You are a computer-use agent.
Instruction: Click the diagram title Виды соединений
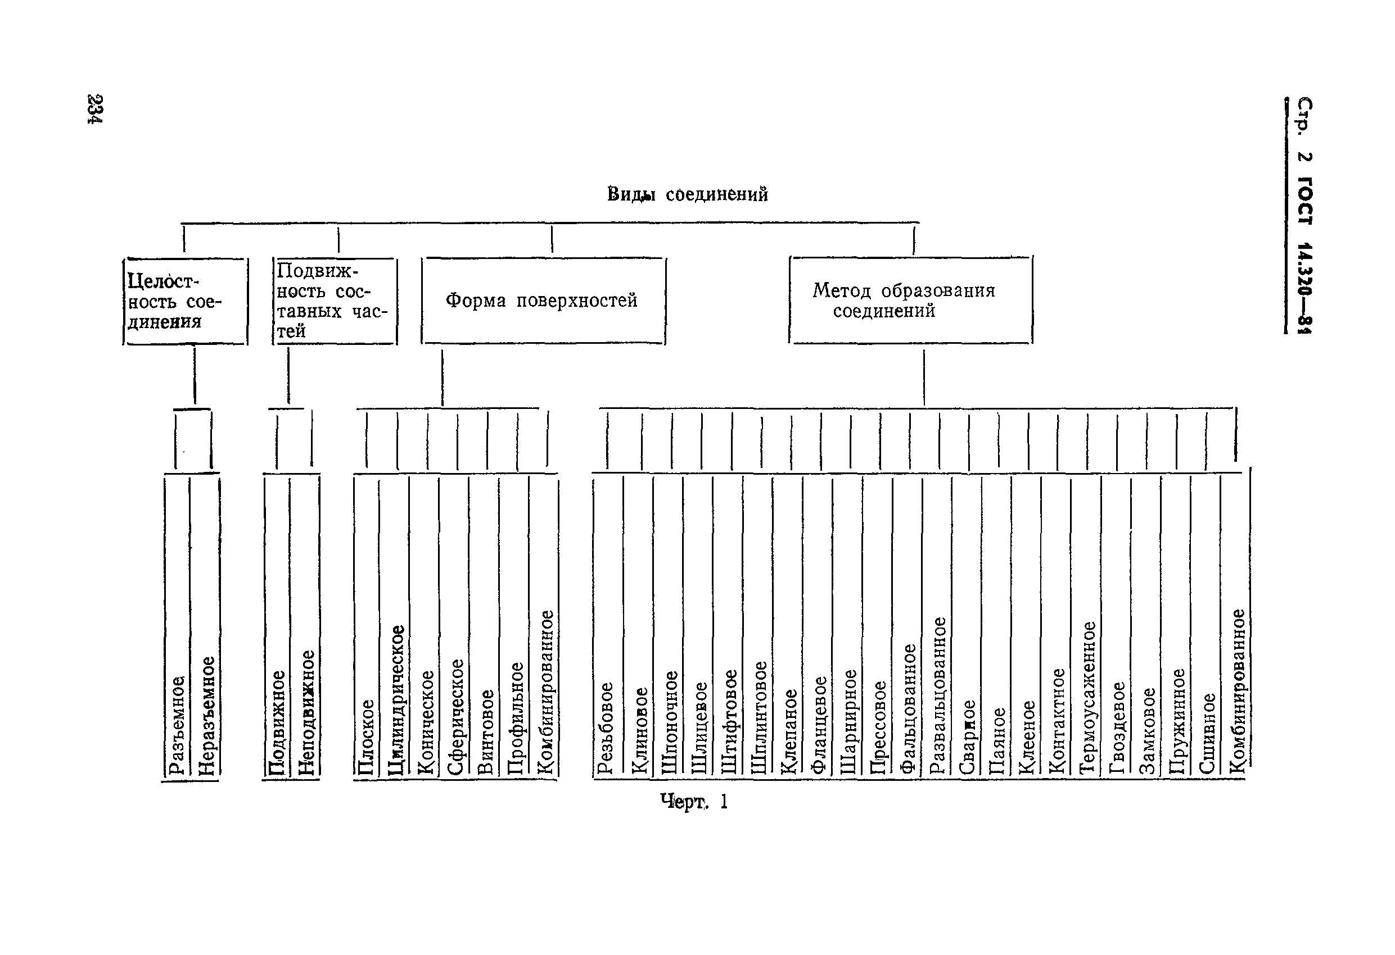tap(687, 194)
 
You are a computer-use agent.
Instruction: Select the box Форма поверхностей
tap(543, 301)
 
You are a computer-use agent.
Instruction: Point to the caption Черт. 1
tap(693, 802)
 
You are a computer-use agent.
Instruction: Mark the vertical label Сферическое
tap(455, 716)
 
